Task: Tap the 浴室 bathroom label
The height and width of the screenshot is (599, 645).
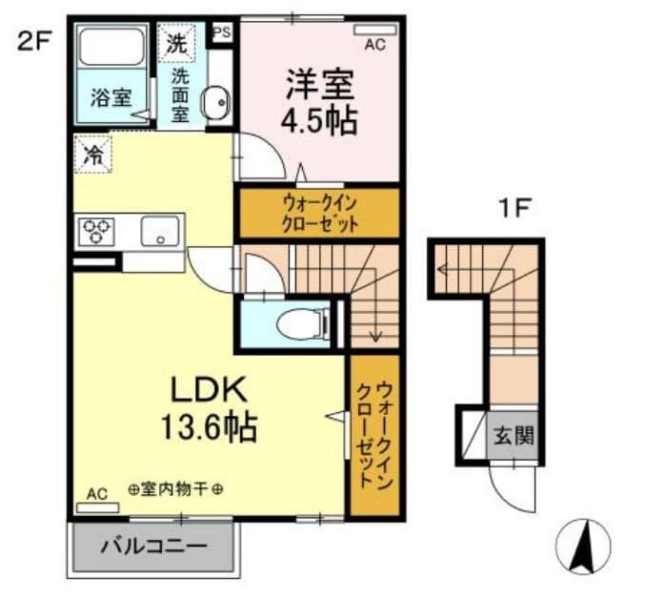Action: [111, 97]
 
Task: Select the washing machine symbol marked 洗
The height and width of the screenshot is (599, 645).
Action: [176, 42]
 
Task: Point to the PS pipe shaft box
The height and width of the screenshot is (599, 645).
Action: [222, 31]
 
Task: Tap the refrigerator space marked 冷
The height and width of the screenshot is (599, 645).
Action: [93, 155]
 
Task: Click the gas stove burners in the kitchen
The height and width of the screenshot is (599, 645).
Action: [96, 231]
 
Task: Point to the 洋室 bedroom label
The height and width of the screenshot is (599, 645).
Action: [319, 84]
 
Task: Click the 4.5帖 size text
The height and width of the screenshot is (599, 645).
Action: [319, 121]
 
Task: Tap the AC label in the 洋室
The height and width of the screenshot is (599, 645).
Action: [373, 43]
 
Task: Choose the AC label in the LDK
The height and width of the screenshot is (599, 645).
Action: [97, 494]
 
